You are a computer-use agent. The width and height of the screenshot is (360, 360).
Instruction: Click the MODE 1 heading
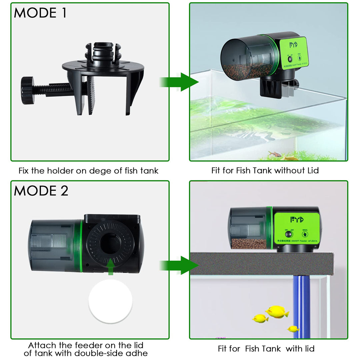pos(40,13)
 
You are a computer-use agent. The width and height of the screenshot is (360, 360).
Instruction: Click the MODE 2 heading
pos(41,191)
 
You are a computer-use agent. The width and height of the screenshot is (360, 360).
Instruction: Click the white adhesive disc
pos(110,301)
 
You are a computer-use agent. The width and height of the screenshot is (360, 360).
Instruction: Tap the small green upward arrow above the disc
pos(111,267)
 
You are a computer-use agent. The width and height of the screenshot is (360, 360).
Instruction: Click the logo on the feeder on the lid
pos(297,220)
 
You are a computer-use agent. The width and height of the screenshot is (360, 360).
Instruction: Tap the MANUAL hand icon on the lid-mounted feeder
pos(305,234)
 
